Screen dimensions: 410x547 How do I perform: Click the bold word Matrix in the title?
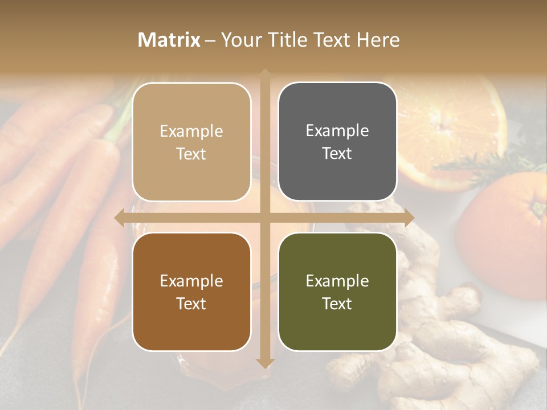(x=169, y=40)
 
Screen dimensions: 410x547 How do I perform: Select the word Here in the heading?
(x=378, y=40)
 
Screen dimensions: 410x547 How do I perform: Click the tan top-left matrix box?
(x=191, y=142)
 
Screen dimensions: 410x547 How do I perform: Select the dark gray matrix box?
(x=337, y=142)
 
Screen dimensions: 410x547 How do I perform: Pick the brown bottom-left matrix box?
(x=191, y=292)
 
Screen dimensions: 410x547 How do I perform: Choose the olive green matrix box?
(x=337, y=292)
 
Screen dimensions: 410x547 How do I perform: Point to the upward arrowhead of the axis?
(x=265, y=73)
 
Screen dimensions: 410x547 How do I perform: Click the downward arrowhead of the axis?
(x=265, y=363)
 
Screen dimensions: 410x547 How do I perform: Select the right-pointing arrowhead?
(x=409, y=218)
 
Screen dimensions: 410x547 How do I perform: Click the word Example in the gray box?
(x=337, y=131)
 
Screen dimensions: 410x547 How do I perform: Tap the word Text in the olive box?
(x=337, y=304)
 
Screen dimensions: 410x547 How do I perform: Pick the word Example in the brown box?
(x=191, y=281)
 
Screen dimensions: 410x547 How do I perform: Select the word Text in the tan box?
(x=191, y=154)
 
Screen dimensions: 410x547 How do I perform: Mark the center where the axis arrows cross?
(x=265, y=218)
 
